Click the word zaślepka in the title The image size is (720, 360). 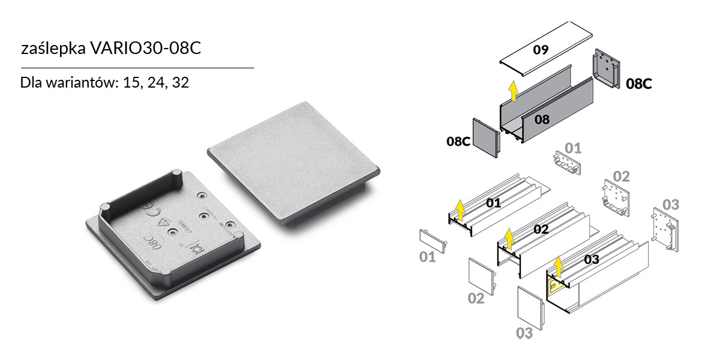click(52, 49)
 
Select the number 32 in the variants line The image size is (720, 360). click(180, 82)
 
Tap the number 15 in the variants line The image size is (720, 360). click(131, 82)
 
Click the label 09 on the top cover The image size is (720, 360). click(541, 50)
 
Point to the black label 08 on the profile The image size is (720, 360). click(542, 119)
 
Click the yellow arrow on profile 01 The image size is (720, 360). click(460, 211)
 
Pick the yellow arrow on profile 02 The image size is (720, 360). click(509, 238)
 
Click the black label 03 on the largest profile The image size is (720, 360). click(591, 259)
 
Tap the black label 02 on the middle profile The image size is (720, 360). click(541, 229)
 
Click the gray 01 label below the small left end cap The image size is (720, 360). click(427, 257)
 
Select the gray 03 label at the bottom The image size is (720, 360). click(524, 333)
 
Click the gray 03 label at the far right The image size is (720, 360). click(670, 204)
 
